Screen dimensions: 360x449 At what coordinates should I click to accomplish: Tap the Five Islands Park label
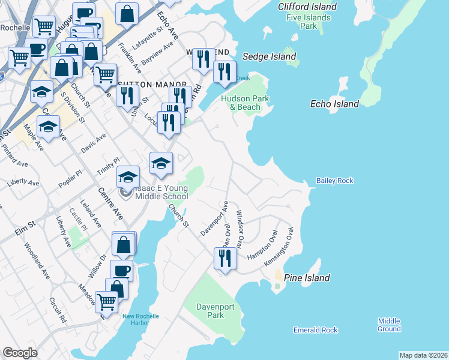click(x=309, y=22)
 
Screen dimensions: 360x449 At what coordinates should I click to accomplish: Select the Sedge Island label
click(x=270, y=56)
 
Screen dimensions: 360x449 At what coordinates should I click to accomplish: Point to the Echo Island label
click(x=334, y=104)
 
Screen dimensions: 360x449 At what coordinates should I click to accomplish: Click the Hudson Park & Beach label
click(x=244, y=103)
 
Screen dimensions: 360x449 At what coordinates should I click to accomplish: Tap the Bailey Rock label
click(x=335, y=181)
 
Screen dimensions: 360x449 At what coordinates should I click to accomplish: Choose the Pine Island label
click(x=307, y=278)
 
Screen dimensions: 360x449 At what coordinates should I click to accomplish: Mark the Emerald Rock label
click(x=315, y=330)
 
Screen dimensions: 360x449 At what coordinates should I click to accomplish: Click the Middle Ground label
click(x=389, y=325)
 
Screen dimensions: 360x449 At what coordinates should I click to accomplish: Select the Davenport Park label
click(x=210, y=311)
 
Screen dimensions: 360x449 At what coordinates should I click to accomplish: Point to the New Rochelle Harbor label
click(x=140, y=320)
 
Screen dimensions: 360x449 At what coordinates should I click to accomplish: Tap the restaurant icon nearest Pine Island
click(x=224, y=259)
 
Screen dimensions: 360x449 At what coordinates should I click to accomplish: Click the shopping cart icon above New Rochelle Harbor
click(x=106, y=301)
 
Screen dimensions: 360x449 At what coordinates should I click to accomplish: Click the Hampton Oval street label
click(x=262, y=245)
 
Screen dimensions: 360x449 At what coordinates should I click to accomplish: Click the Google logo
click(x=20, y=353)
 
